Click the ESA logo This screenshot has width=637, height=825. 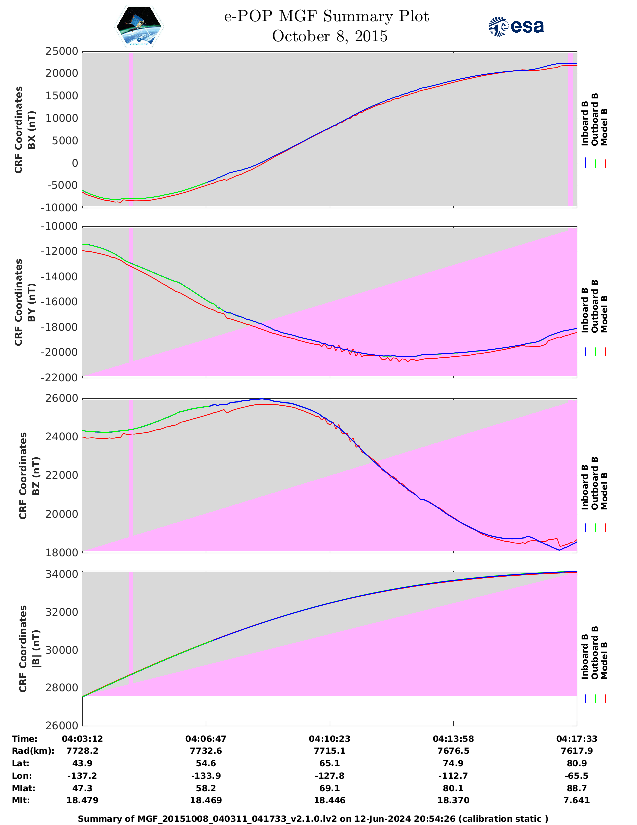[516, 26]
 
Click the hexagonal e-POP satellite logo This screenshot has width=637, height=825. [139, 27]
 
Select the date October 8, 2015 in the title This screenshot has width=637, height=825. [330, 36]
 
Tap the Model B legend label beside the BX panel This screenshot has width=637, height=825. [604, 127]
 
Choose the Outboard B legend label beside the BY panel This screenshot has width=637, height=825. [595, 306]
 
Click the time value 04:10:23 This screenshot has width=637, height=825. [330, 739]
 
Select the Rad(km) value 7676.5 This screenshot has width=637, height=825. [453, 751]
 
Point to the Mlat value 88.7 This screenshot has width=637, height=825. [577, 788]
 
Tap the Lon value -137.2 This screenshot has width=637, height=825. [82, 776]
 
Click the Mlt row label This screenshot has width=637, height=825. [20, 800]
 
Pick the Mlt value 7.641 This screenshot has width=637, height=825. [577, 800]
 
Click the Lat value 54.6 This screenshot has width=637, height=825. [206, 763]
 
